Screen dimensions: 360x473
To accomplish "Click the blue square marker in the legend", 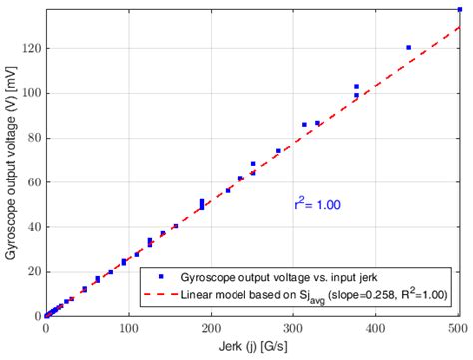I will [159, 275].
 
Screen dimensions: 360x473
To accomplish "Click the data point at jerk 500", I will [459, 9].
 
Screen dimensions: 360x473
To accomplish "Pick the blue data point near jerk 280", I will [278, 151].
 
